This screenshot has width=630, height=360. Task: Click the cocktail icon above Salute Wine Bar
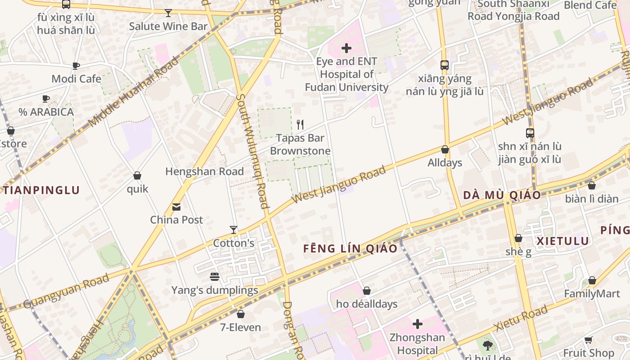168,13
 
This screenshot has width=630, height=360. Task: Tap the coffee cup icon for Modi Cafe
76,66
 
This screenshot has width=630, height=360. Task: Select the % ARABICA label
46,112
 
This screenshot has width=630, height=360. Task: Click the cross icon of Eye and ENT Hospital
346,48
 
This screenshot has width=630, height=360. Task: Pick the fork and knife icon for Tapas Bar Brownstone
300,124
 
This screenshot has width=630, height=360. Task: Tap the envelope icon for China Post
176,207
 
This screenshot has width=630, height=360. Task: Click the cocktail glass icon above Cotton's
233,230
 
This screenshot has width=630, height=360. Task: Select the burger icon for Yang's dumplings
215,277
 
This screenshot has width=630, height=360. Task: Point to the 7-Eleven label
240,327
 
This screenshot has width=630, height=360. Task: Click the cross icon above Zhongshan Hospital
418,324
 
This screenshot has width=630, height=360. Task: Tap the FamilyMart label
592,294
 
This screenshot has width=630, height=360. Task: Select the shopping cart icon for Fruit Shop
589,340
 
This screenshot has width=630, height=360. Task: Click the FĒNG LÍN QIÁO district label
350,248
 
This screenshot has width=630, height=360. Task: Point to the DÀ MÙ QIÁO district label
502,195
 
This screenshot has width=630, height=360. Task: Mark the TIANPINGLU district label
42,190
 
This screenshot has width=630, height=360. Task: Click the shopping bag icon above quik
137,175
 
